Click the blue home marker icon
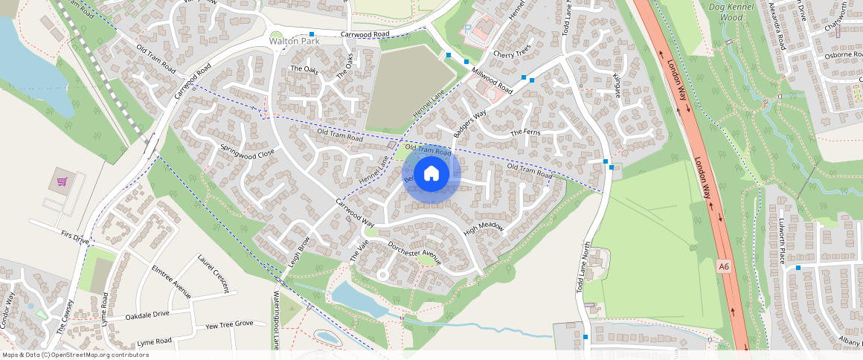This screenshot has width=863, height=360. click(431, 174)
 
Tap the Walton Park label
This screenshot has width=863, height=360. click(294, 42)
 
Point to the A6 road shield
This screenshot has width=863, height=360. click(725, 266)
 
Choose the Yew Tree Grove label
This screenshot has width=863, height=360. click(230, 325)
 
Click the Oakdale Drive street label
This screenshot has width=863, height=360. click(148, 316)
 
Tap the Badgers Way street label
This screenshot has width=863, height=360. click(469, 119)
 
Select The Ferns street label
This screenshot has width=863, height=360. click(524, 133)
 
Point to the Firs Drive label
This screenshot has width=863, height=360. click(74, 237)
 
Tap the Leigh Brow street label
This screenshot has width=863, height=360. click(298, 252)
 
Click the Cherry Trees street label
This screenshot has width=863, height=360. click(512, 54)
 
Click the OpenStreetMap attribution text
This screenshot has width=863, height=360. click(74, 355)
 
